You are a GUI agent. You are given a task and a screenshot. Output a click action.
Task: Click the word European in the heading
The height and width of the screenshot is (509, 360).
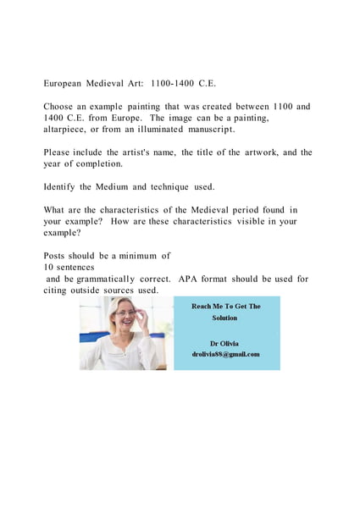click(65, 84)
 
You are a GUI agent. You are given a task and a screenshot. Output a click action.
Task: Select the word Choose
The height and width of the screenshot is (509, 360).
click(61, 107)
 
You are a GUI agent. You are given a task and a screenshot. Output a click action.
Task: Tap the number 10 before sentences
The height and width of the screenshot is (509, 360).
click(49, 267)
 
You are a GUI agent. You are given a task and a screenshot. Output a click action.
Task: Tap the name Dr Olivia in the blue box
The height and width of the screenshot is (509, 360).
click(225, 343)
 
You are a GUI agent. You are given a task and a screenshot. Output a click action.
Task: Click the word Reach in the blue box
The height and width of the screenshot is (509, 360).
click(204, 306)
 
